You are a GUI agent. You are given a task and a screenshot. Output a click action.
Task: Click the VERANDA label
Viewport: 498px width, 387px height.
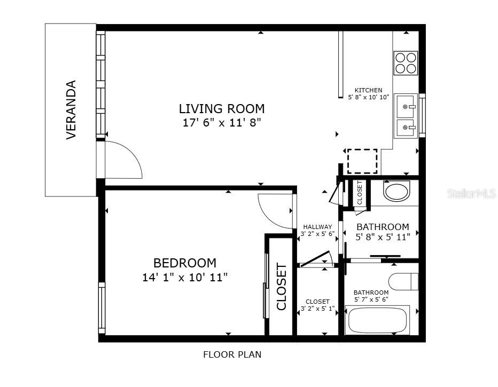point(71,110)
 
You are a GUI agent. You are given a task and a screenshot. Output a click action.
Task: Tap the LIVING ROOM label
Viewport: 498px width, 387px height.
point(221,109)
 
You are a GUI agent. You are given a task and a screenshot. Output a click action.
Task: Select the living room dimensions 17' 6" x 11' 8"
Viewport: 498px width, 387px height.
point(221,123)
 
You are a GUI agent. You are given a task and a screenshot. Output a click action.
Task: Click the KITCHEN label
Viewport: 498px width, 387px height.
point(369,90)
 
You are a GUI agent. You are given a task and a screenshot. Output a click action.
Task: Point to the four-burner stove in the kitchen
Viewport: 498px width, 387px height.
point(406,62)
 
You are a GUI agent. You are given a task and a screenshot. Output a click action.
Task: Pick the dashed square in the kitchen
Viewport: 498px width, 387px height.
point(362,161)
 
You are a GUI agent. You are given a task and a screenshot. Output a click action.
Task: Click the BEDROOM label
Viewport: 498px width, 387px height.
point(185,263)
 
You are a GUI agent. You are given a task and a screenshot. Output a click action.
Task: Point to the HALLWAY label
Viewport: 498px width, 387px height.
point(317,227)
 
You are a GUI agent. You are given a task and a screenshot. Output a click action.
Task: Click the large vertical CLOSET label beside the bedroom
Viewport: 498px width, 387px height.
point(281,287)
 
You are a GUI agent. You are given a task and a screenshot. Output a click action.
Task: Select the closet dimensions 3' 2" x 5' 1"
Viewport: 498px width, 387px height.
point(317,309)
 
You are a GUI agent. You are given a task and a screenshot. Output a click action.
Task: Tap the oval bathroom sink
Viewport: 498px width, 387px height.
point(396,192)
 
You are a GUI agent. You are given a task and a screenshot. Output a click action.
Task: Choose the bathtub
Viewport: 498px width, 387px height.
point(377,320)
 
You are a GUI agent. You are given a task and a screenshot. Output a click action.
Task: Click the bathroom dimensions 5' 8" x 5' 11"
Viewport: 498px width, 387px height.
point(383,236)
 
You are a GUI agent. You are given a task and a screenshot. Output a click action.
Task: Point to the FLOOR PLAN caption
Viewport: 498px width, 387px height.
point(232,354)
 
